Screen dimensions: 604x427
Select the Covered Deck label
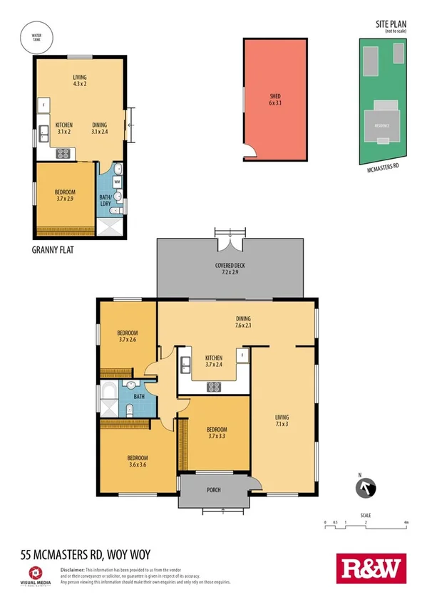[x=230, y=269]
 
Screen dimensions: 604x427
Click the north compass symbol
[x=364, y=488]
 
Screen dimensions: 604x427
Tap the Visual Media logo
[x=38, y=576]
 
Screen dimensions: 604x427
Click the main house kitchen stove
[x=213, y=387]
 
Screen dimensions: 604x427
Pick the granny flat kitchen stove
[x=62, y=152]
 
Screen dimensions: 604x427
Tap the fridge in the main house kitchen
[x=242, y=354]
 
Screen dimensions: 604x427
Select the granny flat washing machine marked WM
[x=117, y=182]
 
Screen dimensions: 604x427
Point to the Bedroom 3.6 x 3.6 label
[x=138, y=461]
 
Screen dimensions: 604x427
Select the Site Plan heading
[x=391, y=24]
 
